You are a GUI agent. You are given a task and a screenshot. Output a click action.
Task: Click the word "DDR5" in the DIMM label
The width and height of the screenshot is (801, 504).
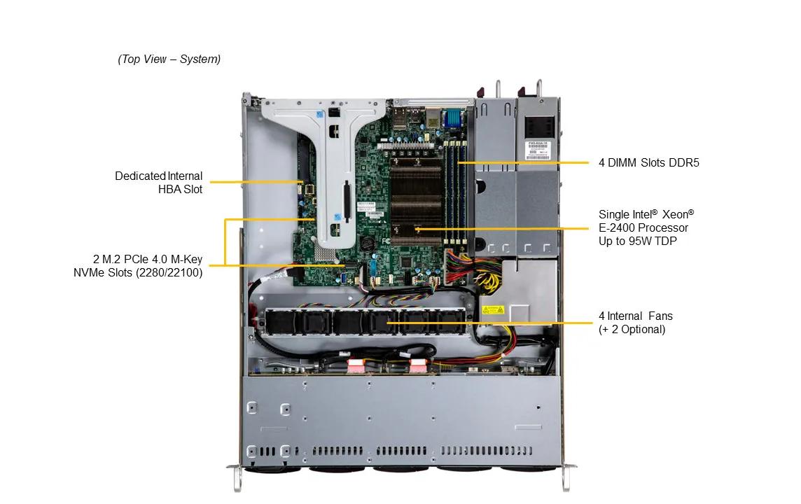[685, 163]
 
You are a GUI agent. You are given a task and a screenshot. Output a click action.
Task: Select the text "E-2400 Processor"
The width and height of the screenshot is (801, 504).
[643, 227]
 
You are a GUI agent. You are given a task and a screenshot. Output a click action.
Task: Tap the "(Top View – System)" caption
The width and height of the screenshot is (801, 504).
[169, 59]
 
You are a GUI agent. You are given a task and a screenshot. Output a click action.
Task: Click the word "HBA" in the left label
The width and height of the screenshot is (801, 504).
[171, 189]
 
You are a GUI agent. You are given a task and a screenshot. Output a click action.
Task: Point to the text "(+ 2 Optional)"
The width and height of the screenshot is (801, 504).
[632, 329]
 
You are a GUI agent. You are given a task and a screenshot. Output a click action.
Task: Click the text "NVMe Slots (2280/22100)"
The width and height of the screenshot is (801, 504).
[138, 273]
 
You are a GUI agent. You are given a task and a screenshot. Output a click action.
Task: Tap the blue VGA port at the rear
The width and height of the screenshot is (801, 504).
[452, 118]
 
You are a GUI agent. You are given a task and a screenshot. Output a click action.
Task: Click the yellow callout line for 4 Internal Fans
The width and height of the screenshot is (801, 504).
[490, 323]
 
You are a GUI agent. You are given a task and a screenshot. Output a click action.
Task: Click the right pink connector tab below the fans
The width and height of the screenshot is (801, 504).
[418, 365]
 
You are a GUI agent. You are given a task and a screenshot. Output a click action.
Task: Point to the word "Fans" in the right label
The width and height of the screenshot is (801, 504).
[660, 316]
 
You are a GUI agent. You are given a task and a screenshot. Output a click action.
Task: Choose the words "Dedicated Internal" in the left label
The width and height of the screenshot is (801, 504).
[158, 176]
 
